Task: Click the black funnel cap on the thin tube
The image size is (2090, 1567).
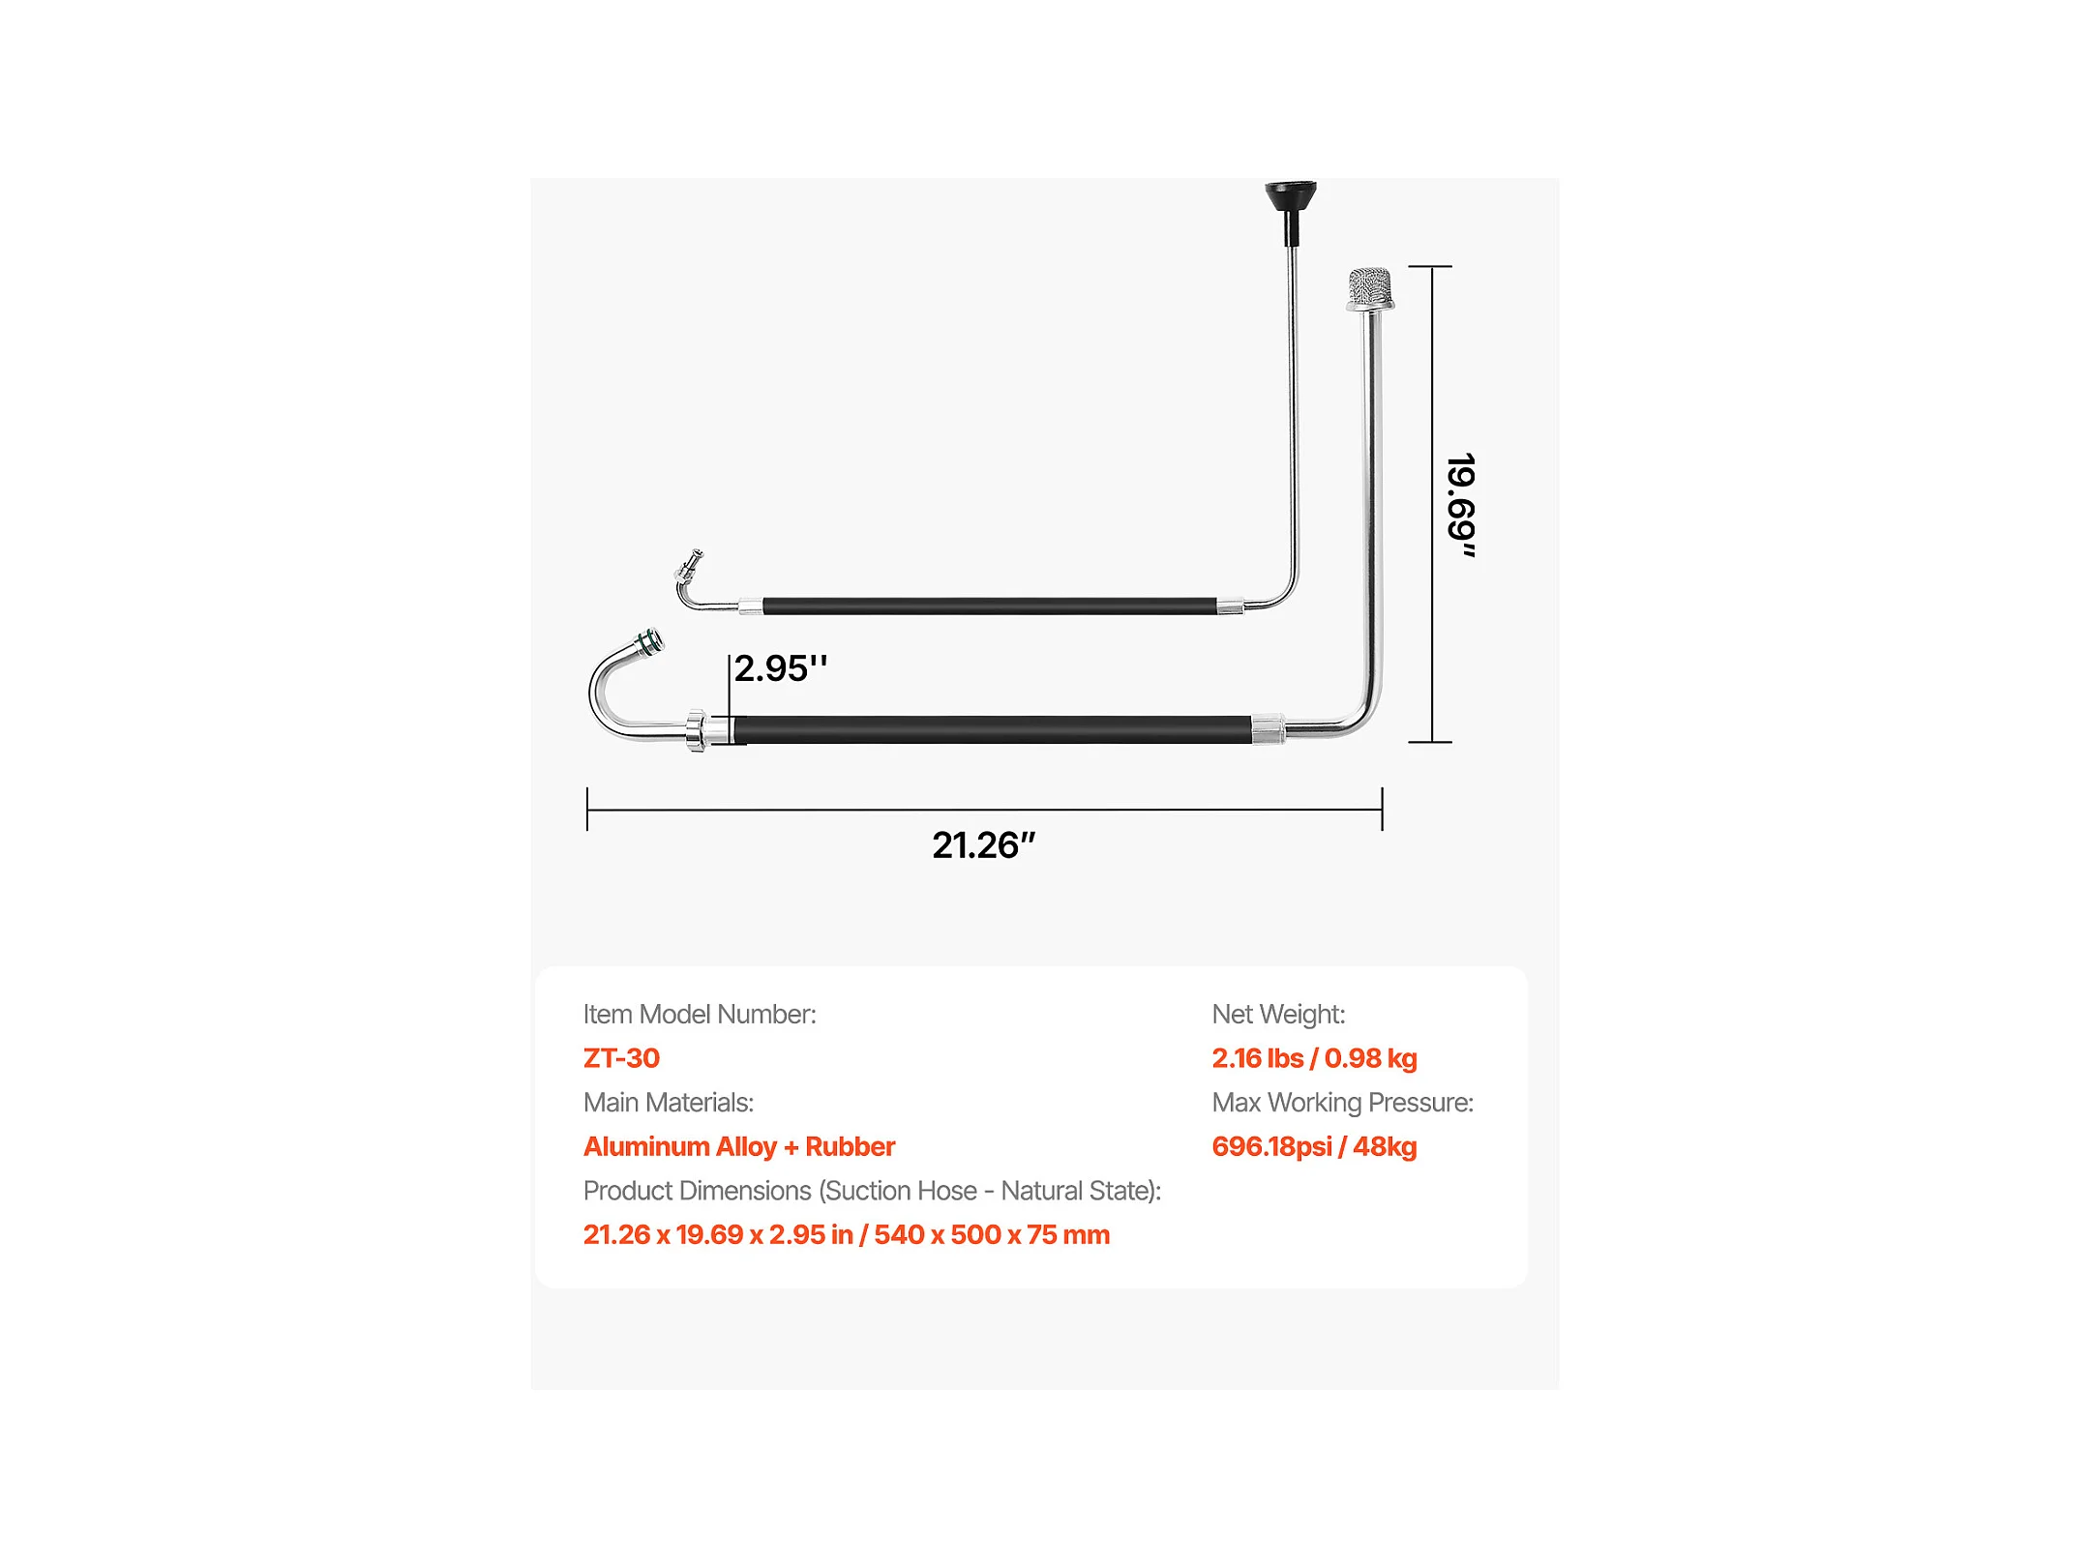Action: tap(1291, 198)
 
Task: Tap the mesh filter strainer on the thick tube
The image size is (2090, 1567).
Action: tap(1370, 286)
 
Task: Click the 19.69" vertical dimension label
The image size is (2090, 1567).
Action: tap(1461, 505)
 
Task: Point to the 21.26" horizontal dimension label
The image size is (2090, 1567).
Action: tap(983, 845)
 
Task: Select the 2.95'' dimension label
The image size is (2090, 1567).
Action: tap(780, 668)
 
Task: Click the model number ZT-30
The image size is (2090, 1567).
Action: tap(621, 1058)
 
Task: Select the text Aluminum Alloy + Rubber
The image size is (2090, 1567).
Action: tap(739, 1146)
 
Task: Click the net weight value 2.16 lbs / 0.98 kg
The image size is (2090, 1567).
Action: tap(1314, 1058)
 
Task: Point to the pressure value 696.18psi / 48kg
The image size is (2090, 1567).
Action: tap(1314, 1146)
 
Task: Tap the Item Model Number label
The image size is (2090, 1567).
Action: tap(700, 1014)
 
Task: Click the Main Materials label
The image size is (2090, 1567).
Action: tap(669, 1103)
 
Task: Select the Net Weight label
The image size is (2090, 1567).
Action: tap(1278, 1014)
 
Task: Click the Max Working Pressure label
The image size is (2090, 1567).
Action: tap(1342, 1103)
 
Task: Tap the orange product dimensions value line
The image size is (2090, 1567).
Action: tap(847, 1234)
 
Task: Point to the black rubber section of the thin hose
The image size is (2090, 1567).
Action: tap(989, 606)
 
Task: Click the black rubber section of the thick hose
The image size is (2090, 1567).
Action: tap(992, 729)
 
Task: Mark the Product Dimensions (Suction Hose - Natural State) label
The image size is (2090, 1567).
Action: tap(872, 1191)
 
